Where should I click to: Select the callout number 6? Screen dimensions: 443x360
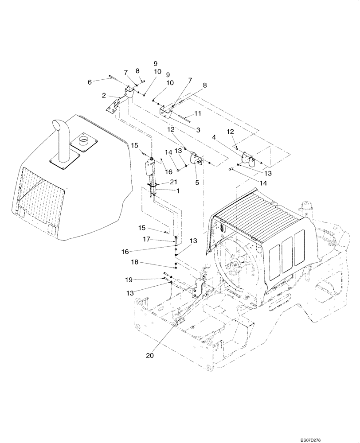tap(90, 82)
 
